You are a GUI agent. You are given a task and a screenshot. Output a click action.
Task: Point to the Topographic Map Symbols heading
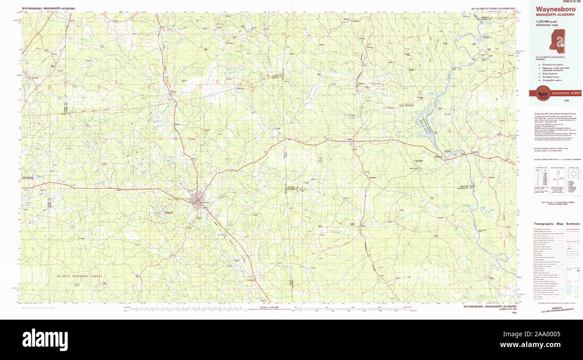[x=557, y=224]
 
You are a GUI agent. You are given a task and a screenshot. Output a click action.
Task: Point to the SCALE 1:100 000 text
[x=270, y=307]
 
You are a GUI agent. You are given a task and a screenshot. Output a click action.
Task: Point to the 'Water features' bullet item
[x=551, y=73]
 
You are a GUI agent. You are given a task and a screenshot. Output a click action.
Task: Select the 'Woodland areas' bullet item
[x=551, y=77]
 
